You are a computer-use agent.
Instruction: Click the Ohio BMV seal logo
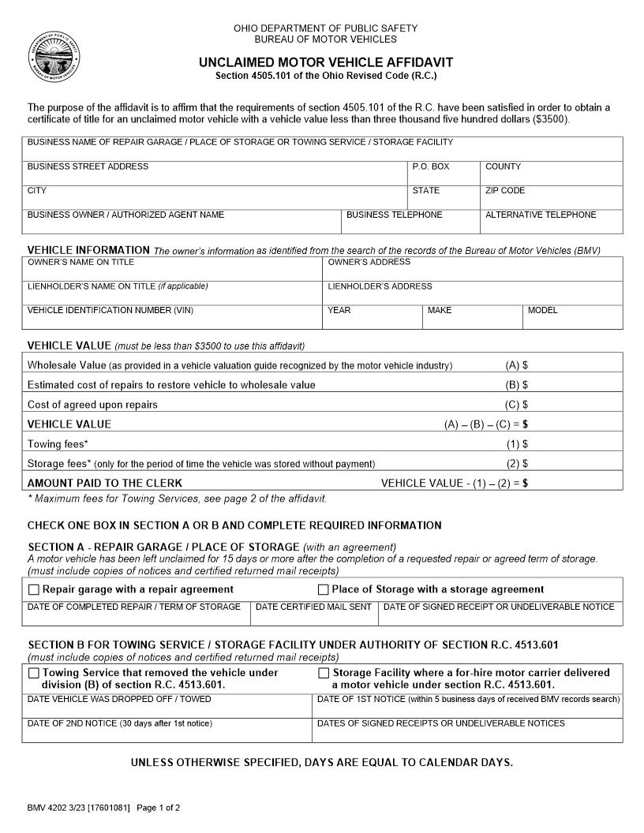click(54, 57)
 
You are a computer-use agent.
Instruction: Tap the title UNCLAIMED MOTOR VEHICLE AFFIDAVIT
click(325, 62)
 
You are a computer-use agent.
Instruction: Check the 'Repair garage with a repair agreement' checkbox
click(34, 589)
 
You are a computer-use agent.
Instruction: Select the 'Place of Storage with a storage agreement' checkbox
click(324, 589)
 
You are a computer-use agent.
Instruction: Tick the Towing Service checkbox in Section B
click(34, 673)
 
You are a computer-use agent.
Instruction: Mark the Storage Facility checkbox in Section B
click(324, 673)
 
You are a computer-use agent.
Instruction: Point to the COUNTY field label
click(503, 166)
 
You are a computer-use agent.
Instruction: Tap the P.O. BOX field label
click(430, 166)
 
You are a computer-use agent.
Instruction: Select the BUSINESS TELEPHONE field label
click(394, 215)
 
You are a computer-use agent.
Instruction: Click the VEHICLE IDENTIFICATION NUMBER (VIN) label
click(110, 310)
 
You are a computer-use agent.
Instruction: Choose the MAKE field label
click(440, 310)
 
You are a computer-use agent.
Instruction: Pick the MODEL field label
click(542, 310)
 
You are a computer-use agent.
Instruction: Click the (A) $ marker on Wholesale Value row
click(517, 365)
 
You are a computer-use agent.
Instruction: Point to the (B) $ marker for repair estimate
click(517, 385)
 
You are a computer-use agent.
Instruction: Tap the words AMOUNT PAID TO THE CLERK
click(104, 483)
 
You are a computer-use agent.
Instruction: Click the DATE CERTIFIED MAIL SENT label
click(313, 607)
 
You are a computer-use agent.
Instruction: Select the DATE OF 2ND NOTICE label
click(119, 723)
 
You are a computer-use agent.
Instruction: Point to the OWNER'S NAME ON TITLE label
click(80, 262)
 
